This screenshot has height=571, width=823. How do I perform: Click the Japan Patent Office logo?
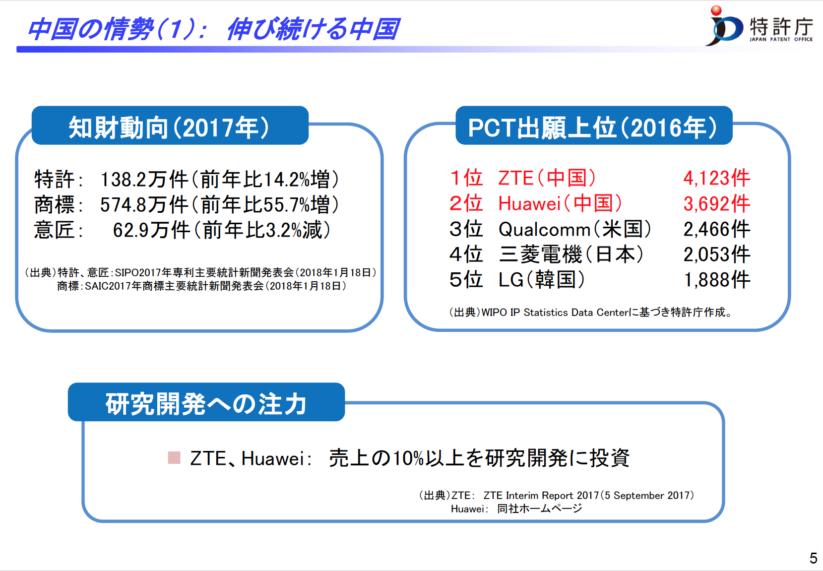pos(759,26)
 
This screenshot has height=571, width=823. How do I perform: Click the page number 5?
pos(813,558)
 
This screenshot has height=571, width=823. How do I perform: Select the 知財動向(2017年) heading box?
pos(170,126)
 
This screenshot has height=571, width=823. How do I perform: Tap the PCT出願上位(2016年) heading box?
pos(594,126)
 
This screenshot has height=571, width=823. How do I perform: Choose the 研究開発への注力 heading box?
pos(206,402)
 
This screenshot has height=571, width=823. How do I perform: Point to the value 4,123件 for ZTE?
pos(716,178)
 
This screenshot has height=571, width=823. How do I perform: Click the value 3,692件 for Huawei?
pos(716,203)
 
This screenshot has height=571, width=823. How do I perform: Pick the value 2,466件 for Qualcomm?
pos(716,229)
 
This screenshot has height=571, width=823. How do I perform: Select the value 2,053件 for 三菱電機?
pos(716,254)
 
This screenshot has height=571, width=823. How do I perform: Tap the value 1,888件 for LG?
pos(716,280)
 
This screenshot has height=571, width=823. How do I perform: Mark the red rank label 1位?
pos(466,178)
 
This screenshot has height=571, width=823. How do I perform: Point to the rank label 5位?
pos(466,280)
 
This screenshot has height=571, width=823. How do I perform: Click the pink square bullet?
pos(174,458)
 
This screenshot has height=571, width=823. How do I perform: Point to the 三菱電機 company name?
pos(540,254)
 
